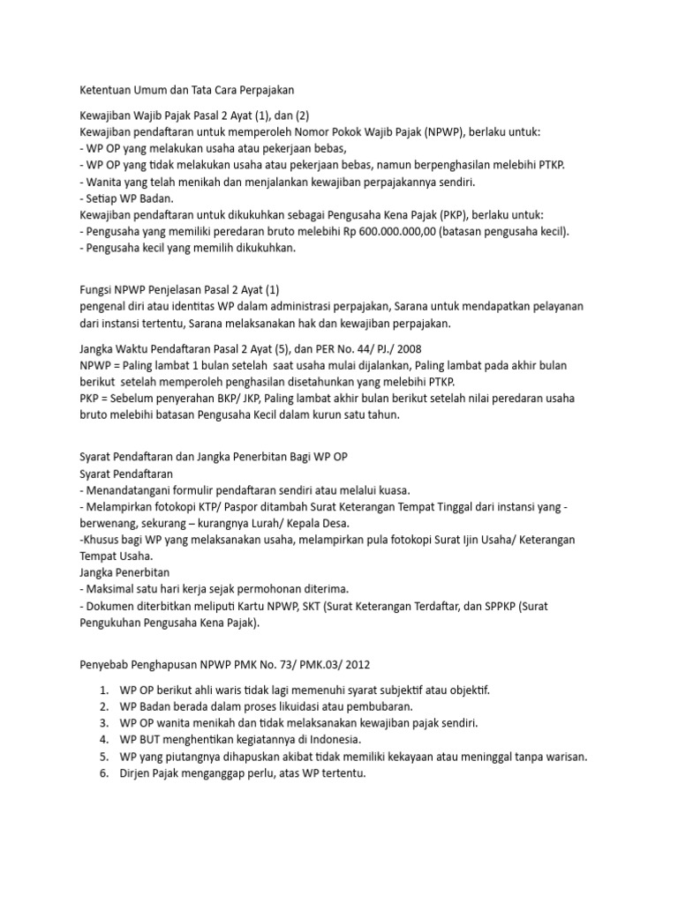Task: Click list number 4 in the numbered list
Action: click(103, 739)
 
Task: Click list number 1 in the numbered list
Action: click(103, 689)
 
